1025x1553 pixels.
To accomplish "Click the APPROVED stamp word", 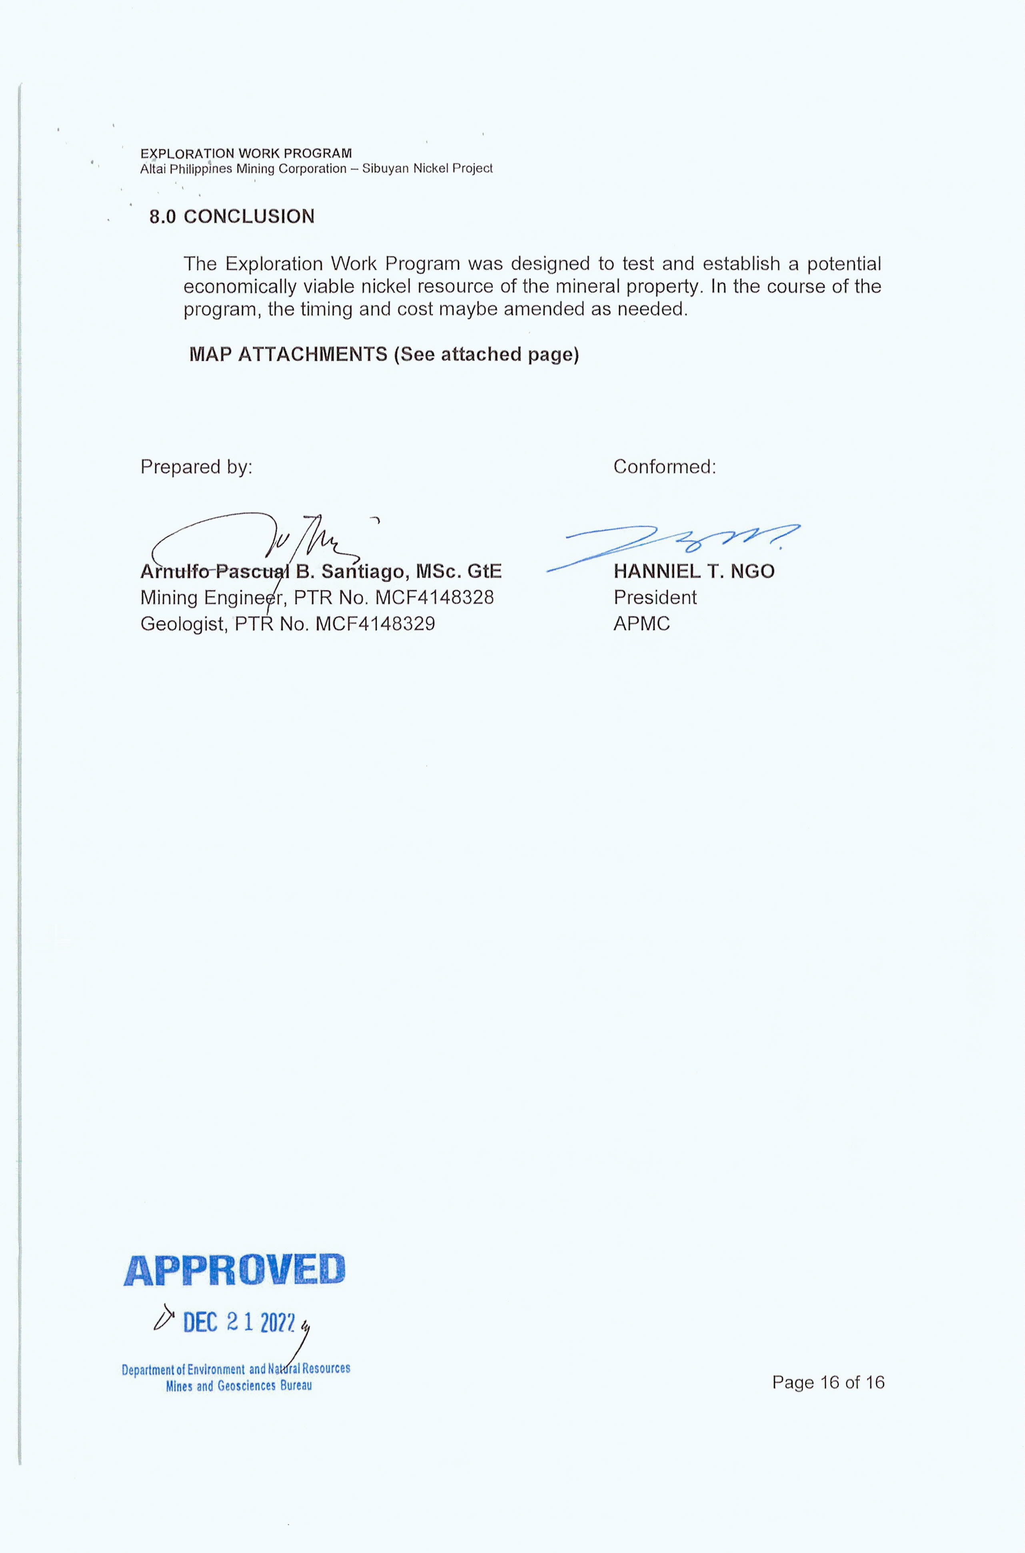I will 234,1270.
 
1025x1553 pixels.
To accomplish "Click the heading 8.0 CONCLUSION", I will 232,216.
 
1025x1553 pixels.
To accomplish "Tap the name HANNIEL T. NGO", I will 693,571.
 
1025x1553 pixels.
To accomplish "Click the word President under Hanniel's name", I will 654,597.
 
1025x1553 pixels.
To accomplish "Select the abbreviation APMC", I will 641,623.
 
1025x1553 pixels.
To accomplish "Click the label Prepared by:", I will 196,466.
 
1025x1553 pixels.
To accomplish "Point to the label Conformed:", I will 664,466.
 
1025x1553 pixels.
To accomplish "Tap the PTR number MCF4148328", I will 434,597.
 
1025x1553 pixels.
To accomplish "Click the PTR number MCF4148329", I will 375,623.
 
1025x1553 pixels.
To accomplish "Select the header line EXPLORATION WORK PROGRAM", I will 246,154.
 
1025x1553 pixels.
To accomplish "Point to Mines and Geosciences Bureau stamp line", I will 239,1386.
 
